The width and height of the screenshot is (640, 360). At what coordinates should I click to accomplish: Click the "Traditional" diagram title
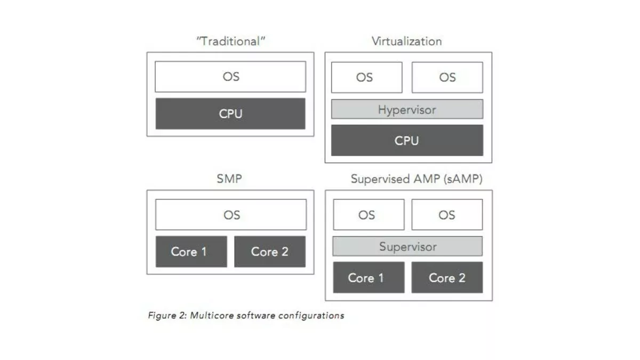pos(230,42)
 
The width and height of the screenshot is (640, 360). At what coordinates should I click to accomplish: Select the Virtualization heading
pos(406,42)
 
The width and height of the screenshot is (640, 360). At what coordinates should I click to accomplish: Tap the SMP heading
pos(229,179)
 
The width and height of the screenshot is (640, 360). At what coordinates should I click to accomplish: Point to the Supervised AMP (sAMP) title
pos(417,179)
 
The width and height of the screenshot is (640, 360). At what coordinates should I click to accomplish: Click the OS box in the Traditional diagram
pos(230,77)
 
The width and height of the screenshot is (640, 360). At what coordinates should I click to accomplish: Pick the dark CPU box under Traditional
pos(230,114)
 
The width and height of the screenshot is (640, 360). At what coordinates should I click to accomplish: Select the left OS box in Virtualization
pos(366,77)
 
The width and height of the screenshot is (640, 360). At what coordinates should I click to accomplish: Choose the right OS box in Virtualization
pos(447,77)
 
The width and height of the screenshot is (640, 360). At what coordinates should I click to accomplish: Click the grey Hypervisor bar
pos(407,109)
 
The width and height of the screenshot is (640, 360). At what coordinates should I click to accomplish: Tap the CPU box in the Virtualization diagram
pos(407,141)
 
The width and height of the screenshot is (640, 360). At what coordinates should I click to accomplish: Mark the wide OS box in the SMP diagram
pos(231,215)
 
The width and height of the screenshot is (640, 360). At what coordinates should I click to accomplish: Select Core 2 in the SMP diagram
pos(270,252)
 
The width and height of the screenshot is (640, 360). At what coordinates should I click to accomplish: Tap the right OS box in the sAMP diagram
pos(447,215)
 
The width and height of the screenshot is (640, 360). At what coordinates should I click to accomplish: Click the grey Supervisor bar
pos(407,246)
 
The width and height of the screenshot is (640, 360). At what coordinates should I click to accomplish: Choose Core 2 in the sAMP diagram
pos(447,277)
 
